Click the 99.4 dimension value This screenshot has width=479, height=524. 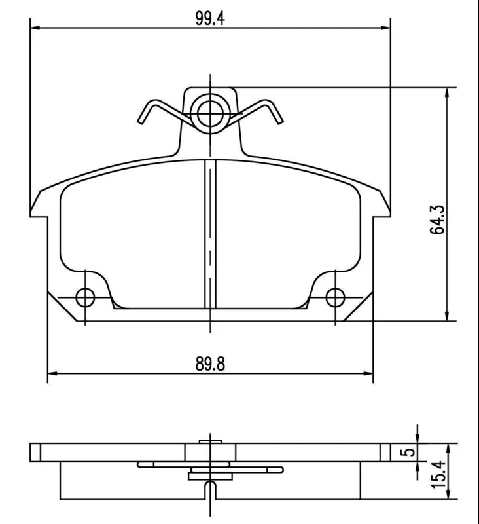210,18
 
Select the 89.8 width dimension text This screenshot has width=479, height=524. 210,364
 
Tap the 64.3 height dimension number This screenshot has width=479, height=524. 437,219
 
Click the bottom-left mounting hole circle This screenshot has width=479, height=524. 85,297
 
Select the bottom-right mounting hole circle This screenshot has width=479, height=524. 336,297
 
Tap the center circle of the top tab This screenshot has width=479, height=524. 210,113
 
